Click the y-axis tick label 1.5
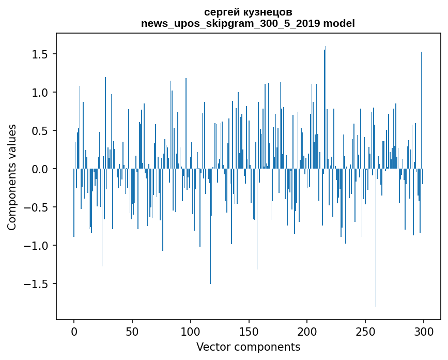41,54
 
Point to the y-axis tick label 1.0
41,93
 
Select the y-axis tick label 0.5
41,131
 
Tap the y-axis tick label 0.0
41,169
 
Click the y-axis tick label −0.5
38,207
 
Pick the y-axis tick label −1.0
38,246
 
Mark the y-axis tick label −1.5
38,284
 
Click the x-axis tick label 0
74,331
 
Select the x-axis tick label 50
132,331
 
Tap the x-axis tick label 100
191,331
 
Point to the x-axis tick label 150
249,331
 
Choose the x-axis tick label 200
307,331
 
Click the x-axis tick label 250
365,331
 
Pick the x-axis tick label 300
424,331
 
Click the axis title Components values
12,177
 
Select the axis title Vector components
248,347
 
